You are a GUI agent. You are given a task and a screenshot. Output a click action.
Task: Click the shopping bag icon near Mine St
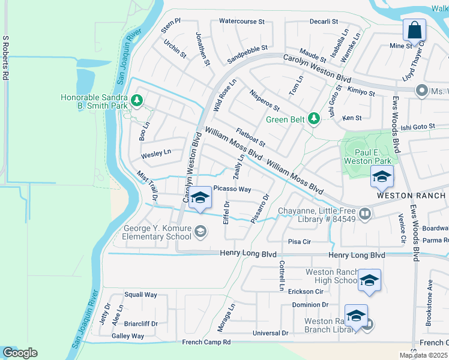414,29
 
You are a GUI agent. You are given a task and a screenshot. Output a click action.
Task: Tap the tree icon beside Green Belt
313,119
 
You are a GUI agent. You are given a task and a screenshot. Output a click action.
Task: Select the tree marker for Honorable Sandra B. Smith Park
137,100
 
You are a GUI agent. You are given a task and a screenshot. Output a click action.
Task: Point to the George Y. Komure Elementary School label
157,232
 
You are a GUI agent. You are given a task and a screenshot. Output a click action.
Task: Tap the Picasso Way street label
232,189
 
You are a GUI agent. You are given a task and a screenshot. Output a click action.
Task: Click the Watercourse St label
241,21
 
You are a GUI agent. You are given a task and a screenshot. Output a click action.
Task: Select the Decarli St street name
324,21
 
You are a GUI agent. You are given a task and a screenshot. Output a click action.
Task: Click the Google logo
20,352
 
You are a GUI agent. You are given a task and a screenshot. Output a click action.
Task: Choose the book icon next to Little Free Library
364,214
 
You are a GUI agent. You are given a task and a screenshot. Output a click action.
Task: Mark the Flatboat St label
250,137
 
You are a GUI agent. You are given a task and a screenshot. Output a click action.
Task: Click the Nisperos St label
264,100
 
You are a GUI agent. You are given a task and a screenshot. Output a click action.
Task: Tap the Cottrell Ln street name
280,276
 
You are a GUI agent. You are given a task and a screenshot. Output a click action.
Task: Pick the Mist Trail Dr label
147,185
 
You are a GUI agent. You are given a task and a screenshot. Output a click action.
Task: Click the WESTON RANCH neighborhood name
411,196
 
